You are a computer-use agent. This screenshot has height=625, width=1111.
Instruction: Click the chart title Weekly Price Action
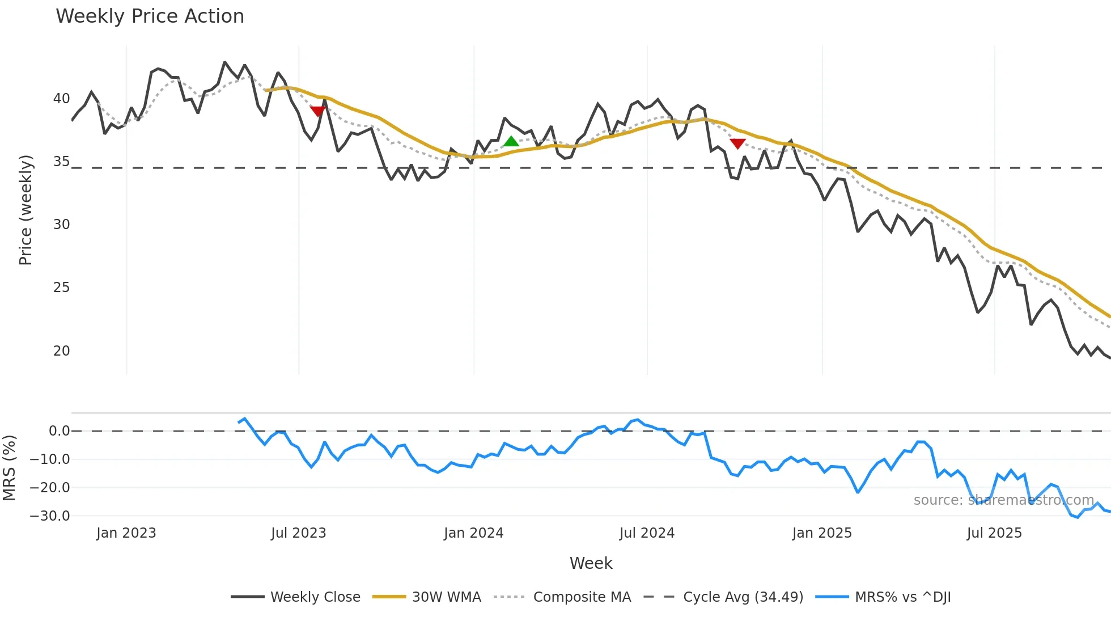click(150, 16)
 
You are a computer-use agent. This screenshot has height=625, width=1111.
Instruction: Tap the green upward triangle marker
click(511, 141)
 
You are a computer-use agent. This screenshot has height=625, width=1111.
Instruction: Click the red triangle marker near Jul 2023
click(318, 111)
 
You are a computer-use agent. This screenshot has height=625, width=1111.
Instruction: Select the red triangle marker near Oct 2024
click(737, 143)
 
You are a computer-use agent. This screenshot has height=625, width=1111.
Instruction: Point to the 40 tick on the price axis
click(61, 99)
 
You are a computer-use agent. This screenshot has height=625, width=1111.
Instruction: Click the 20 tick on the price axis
click(61, 351)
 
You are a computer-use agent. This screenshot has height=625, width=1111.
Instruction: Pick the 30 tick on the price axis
click(61, 225)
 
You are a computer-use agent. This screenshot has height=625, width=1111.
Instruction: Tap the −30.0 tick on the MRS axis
click(50, 516)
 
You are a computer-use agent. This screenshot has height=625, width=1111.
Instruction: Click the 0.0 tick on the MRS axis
click(59, 431)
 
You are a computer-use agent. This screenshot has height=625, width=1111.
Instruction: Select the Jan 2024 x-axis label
click(473, 533)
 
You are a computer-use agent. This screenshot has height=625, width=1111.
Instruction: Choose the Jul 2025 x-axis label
click(994, 533)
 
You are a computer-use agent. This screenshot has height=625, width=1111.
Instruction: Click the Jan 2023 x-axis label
click(126, 533)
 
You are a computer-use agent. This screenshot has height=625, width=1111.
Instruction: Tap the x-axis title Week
click(591, 563)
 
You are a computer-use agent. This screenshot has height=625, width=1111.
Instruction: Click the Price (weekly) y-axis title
click(26, 210)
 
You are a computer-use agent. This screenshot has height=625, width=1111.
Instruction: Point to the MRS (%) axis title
click(9, 468)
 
